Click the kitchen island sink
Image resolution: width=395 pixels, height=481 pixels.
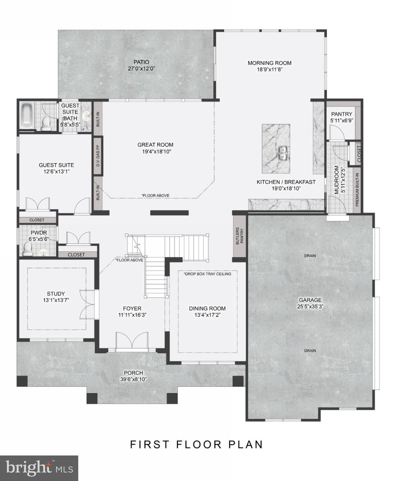pos(283,152)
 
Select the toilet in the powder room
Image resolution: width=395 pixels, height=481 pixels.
pos(28,249)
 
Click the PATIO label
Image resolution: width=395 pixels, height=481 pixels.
pos(141,62)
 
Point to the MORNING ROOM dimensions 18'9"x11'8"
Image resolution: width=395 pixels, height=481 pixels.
pos(269,69)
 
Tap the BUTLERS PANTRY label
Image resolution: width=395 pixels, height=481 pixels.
pos(240,236)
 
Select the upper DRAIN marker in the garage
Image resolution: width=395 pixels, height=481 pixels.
pos(310,260)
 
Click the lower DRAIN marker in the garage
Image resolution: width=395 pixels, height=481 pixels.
pos(310,354)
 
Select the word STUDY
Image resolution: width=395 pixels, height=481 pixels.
pos(56,294)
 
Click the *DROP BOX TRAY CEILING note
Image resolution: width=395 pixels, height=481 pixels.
pos(208,274)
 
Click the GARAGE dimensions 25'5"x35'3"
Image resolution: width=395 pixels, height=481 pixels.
pos(310,306)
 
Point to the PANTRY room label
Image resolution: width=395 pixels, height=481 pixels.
pos(341,114)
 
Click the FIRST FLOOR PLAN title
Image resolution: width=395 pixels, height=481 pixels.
pos(197,444)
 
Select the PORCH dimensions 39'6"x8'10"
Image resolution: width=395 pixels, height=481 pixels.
pos(133,379)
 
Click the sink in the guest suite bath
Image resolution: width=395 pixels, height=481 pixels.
pos(86,116)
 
